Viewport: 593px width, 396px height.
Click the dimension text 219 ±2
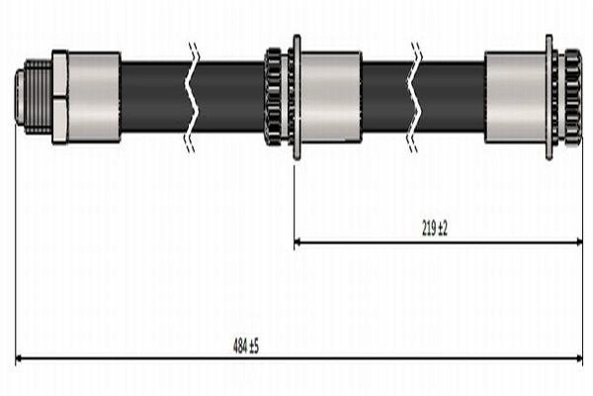pyautogui.click(x=435, y=229)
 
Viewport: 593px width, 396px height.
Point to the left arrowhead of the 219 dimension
pyautogui.click(x=299, y=241)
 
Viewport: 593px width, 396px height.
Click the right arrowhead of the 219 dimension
pyautogui.click(x=577, y=241)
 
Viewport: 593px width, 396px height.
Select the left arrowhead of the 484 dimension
pyautogui.click(x=21, y=357)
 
